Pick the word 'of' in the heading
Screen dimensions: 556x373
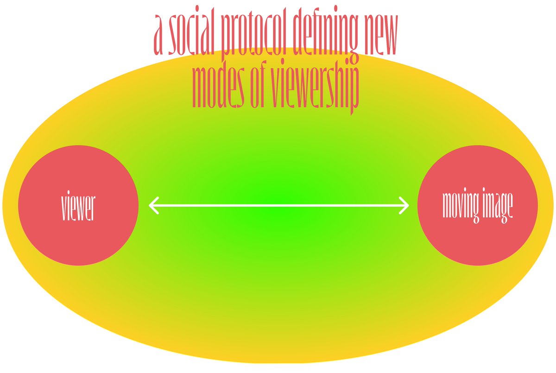pyautogui.click(x=258, y=84)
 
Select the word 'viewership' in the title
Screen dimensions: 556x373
pyautogui.click(x=315, y=88)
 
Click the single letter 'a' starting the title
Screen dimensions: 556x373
pyautogui.click(x=158, y=34)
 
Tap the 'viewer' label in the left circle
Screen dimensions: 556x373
pyautogui.click(x=78, y=205)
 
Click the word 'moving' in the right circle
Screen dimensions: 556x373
pyautogui.click(x=461, y=205)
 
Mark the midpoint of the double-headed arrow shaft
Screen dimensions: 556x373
pyautogui.click(x=279, y=205)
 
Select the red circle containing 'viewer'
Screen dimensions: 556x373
pyautogui.click(x=78, y=205)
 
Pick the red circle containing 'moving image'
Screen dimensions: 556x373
pyautogui.click(x=478, y=205)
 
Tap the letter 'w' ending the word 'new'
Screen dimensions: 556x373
pyautogui.click(x=390, y=34)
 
